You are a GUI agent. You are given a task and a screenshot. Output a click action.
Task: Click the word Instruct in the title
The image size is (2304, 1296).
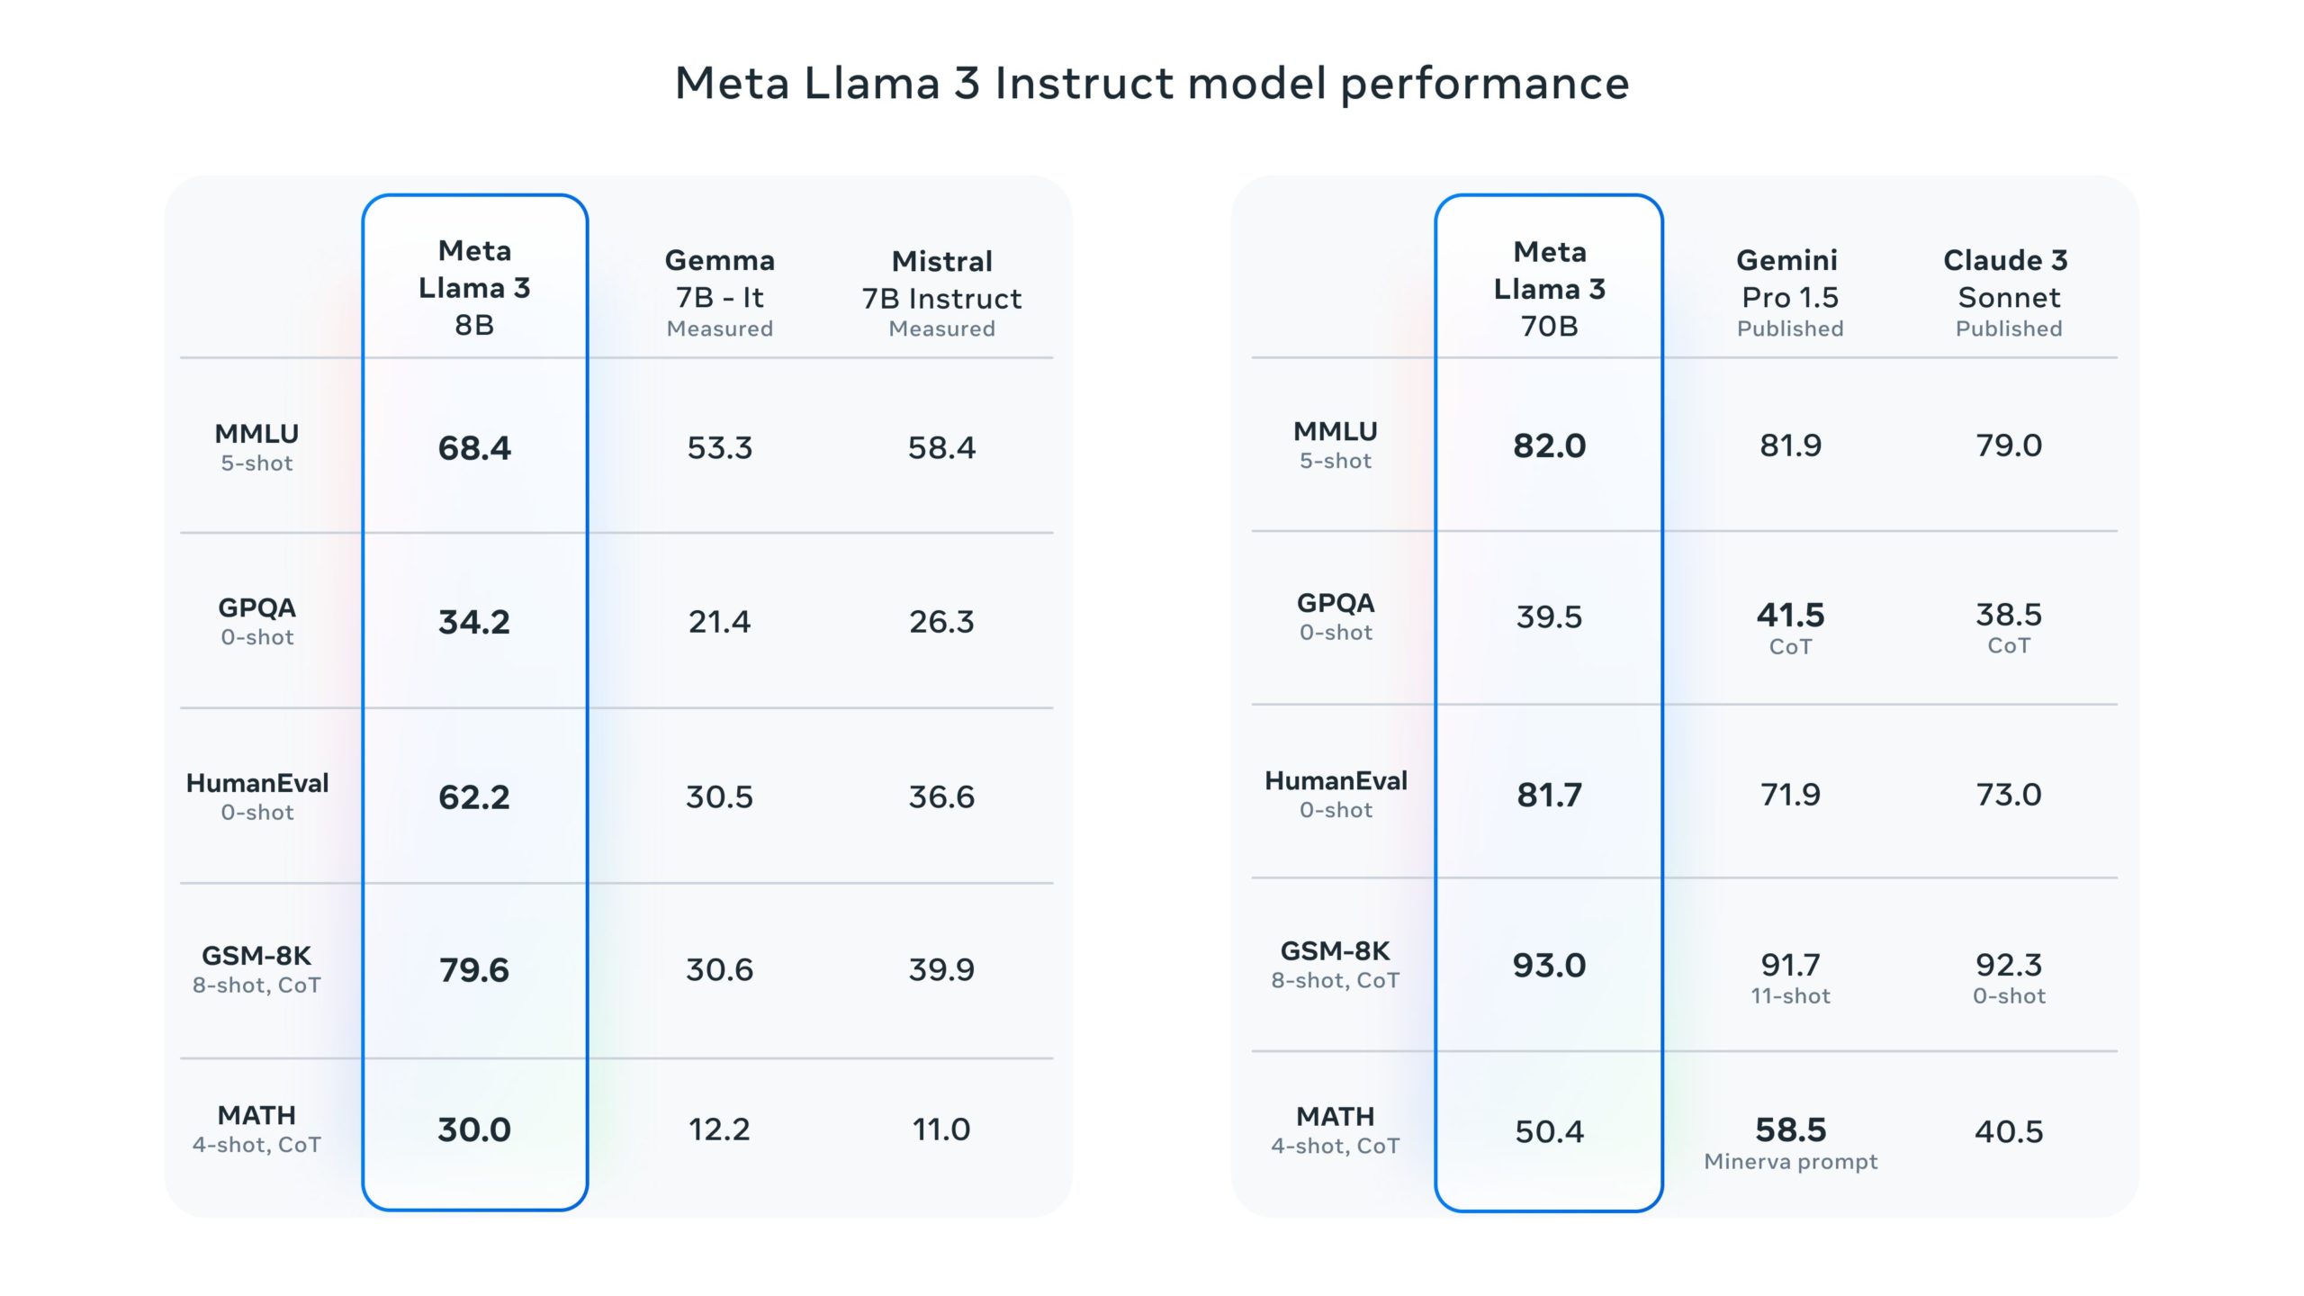pos(1084,84)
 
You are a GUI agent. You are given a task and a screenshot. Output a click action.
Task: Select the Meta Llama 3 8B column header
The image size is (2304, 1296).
pos(474,287)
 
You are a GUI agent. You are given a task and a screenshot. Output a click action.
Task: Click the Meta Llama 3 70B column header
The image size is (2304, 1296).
pos(1549,289)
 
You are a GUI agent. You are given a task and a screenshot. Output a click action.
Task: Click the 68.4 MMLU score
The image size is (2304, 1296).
pos(474,448)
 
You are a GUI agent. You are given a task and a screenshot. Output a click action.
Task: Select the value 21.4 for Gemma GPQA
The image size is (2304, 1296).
pos(719,622)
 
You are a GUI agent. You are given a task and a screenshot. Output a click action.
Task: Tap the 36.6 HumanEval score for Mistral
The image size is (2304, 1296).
pos(941,796)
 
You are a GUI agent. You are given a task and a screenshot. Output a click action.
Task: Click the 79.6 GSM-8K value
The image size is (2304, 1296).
pos(474,970)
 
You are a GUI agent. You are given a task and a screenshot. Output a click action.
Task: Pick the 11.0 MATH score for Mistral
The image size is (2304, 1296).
pos(941,1129)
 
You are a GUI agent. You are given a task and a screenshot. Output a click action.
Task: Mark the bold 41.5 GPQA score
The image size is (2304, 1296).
pos(1790,616)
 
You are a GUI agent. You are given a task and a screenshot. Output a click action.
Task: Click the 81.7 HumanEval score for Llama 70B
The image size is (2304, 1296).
pos(1549,795)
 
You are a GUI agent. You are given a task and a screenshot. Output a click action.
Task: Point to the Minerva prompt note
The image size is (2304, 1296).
pos(1790,1162)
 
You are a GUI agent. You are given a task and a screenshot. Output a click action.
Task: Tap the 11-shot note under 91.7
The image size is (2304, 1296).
pos(1790,996)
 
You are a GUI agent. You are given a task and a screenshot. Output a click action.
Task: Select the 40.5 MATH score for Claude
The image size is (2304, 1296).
pos(2008,1131)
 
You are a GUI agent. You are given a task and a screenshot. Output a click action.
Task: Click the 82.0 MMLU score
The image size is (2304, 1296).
pos(1549,445)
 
